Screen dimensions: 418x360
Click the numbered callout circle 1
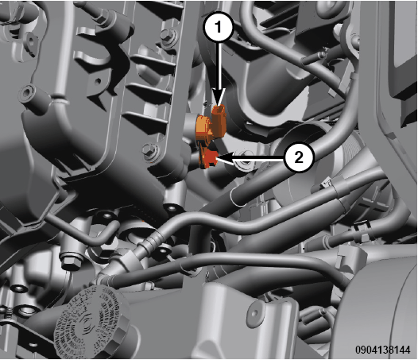click(219, 27)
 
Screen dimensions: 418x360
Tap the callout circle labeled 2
click(299, 157)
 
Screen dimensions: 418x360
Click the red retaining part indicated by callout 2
click(209, 158)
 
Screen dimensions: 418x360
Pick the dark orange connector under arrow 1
click(219, 121)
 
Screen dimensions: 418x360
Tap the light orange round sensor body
click(204, 127)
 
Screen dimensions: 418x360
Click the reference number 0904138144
click(383, 350)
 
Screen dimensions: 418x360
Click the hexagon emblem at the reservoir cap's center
click(87, 323)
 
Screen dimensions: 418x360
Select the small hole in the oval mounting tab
click(254, 313)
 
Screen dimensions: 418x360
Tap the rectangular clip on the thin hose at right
click(362, 226)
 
